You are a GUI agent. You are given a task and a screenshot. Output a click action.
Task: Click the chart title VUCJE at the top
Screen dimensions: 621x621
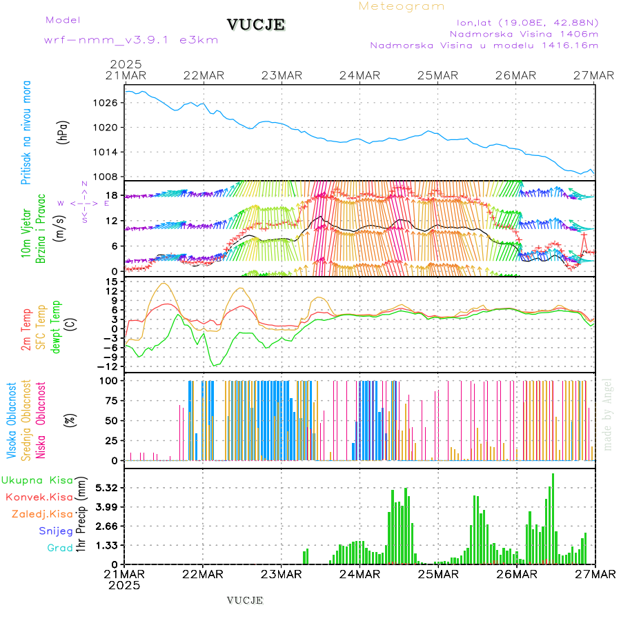pyautogui.click(x=256, y=25)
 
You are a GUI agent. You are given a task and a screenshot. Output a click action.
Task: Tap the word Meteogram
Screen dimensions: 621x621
pyautogui.click(x=402, y=6)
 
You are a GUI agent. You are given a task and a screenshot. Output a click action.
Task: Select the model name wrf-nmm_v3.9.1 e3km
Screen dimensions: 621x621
pyautogui.click(x=131, y=39)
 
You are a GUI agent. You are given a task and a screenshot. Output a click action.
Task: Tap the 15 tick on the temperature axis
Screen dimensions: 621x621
pyautogui.click(x=112, y=282)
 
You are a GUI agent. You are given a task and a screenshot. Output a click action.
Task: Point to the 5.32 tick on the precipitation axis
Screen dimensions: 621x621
pyautogui.click(x=107, y=488)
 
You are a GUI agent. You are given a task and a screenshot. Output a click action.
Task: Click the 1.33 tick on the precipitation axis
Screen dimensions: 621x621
pyautogui.click(x=107, y=545)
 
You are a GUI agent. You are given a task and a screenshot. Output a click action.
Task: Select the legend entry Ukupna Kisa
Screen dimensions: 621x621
pyautogui.click(x=37, y=480)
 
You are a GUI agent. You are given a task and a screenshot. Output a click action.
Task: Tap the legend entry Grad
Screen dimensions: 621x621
pyautogui.click(x=60, y=548)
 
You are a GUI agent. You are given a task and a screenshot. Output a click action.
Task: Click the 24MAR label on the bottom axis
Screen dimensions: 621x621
pyautogui.click(x=359, y=574)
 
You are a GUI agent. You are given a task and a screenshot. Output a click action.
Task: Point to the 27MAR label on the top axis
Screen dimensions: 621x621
pyautogui.click(x=595, y=75)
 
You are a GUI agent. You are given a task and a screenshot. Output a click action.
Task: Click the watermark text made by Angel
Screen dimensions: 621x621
pyautogui.click(x=608, y=414)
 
